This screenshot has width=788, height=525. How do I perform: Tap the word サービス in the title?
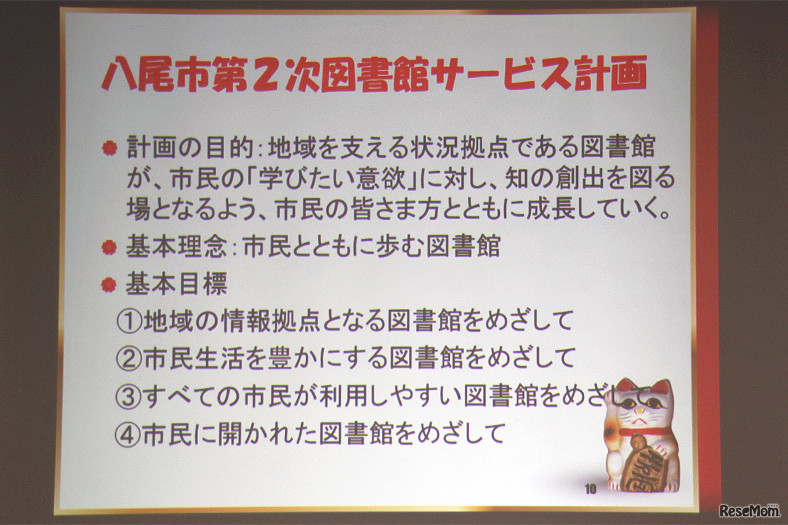click(x=495, y=75)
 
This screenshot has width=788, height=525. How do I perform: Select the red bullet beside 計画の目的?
click(x=110, y=148)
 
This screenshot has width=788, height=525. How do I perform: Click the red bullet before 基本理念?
click(x=110, y=247)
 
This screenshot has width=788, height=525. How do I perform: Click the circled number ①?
click(x=129, y=321)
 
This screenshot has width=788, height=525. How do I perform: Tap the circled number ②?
click(x=129, y=359)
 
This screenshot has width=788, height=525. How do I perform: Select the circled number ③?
click(x=129, y=397)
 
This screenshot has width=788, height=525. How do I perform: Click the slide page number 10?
click(x=590, y=489)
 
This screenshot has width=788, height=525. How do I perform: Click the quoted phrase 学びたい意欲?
click(x=351, y=180)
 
